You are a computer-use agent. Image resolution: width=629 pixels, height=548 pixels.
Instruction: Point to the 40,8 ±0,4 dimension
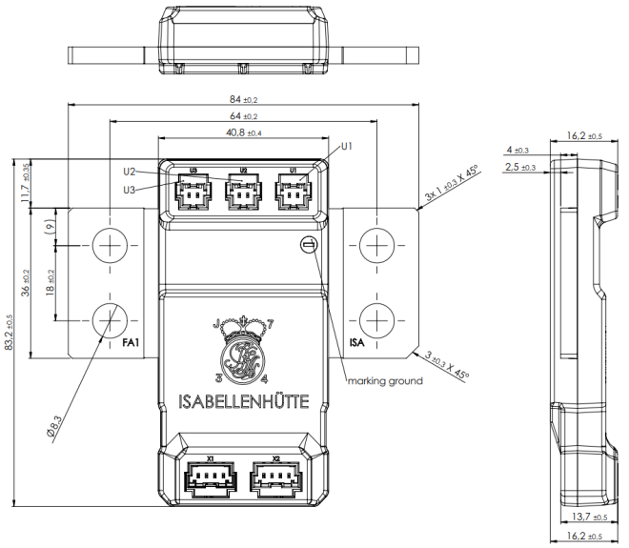(244, 132)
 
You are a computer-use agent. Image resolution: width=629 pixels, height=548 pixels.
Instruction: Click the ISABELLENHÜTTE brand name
(244, 401)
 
